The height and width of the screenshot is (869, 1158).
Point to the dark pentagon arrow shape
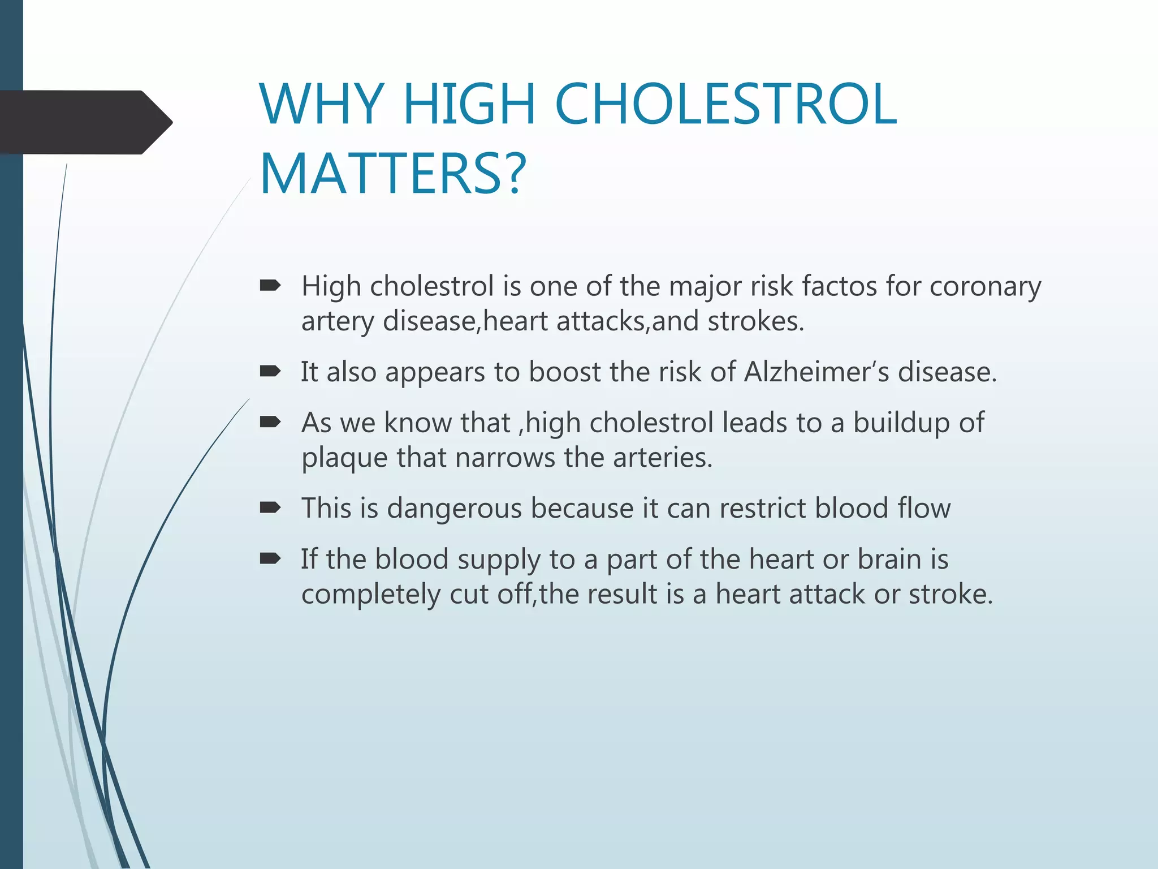point(85,122)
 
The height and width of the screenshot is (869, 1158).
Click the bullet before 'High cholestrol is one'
point(270,286)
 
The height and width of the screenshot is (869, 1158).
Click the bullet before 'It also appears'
point(270,371)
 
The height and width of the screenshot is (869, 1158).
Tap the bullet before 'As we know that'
point(270,422)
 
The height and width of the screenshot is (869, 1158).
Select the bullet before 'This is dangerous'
point(270,507)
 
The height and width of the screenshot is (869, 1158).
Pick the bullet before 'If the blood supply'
point(270,559)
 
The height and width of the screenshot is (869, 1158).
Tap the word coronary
point(985,287)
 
